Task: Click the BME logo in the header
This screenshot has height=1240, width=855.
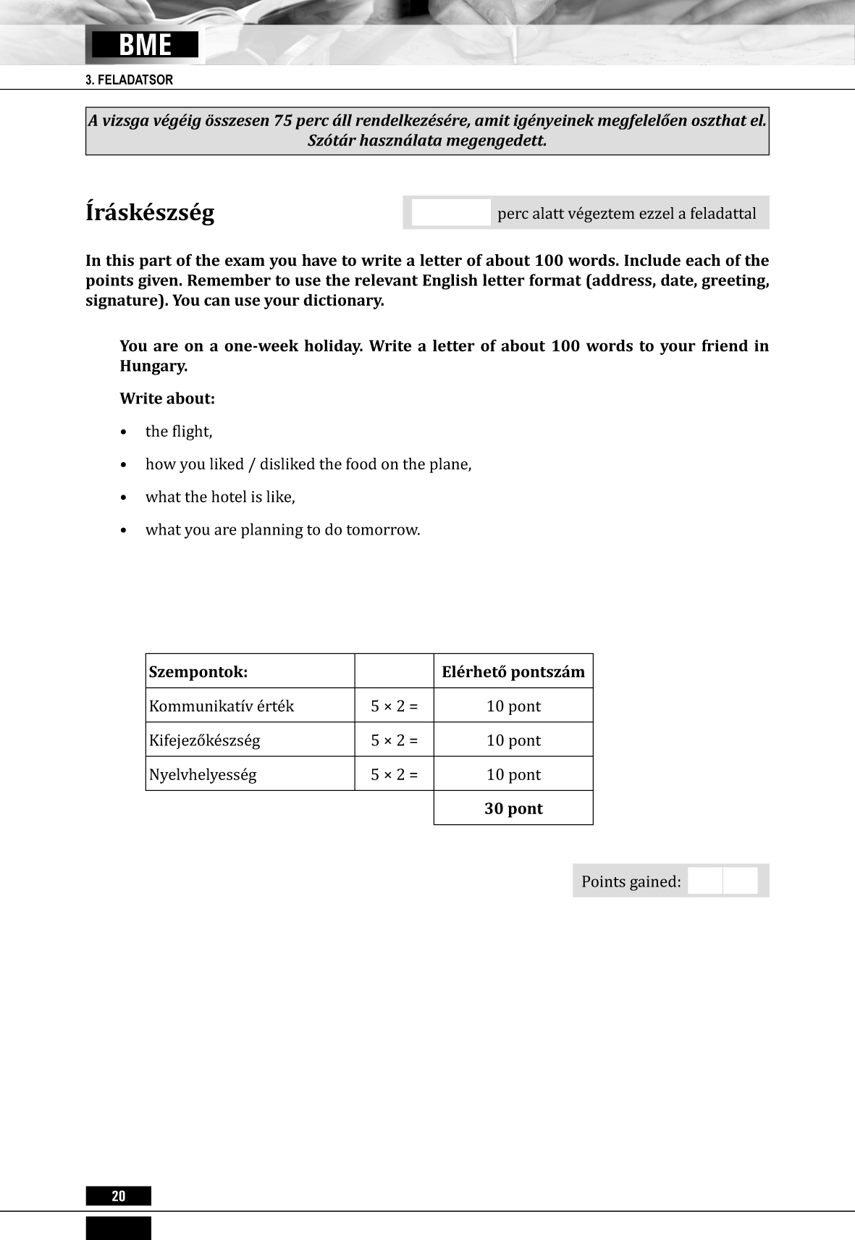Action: point(145,45)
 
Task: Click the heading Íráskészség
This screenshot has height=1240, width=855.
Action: point(150,213)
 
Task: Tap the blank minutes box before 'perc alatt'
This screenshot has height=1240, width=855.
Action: point(451,213)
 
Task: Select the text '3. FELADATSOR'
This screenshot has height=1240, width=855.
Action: point(130,80)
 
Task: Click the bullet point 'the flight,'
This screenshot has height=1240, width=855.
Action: point(179,432)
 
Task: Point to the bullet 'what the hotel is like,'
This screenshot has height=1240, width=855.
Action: point(220,497)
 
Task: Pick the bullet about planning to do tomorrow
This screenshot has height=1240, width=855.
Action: point(282,529)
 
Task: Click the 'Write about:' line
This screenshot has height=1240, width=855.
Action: point(167,398)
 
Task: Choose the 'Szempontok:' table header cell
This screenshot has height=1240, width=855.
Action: point(198,671)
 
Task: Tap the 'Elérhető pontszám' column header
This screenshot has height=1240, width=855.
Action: point(513,671)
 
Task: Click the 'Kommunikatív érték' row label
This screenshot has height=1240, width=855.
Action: point(222,706)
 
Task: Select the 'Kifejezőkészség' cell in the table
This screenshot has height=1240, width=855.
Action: point(204,740)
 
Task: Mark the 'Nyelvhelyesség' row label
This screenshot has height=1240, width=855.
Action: point(203,774)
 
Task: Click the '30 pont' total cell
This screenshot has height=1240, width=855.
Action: point(513,808)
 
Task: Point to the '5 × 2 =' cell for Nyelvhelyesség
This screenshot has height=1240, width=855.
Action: point(395,774)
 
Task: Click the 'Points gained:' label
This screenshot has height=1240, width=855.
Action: point(631,881)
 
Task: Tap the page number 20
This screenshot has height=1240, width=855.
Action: point(119,1196)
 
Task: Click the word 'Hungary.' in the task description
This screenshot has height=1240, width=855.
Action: point(153,366)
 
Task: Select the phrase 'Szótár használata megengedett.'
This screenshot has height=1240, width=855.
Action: point(427,141)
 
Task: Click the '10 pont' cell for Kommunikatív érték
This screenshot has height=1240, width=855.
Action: point(513,706)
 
